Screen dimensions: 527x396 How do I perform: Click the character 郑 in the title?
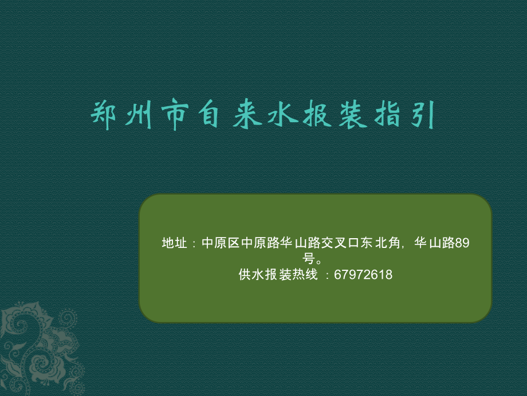104,115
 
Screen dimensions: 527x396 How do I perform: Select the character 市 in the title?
175,114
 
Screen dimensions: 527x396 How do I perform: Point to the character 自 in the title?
209,114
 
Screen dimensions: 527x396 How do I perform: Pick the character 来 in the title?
247,114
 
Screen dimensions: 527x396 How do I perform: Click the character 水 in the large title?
283,114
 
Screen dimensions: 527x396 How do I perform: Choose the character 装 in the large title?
353,114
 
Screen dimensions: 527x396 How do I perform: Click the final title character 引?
423,115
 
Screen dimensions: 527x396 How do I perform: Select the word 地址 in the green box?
174,243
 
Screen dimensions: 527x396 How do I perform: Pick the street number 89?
462,243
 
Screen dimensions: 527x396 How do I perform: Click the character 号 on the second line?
309,259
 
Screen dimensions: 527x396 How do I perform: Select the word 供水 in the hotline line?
251,274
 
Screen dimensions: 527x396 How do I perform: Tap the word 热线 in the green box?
305,274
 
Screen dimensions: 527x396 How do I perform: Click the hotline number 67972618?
363,275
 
